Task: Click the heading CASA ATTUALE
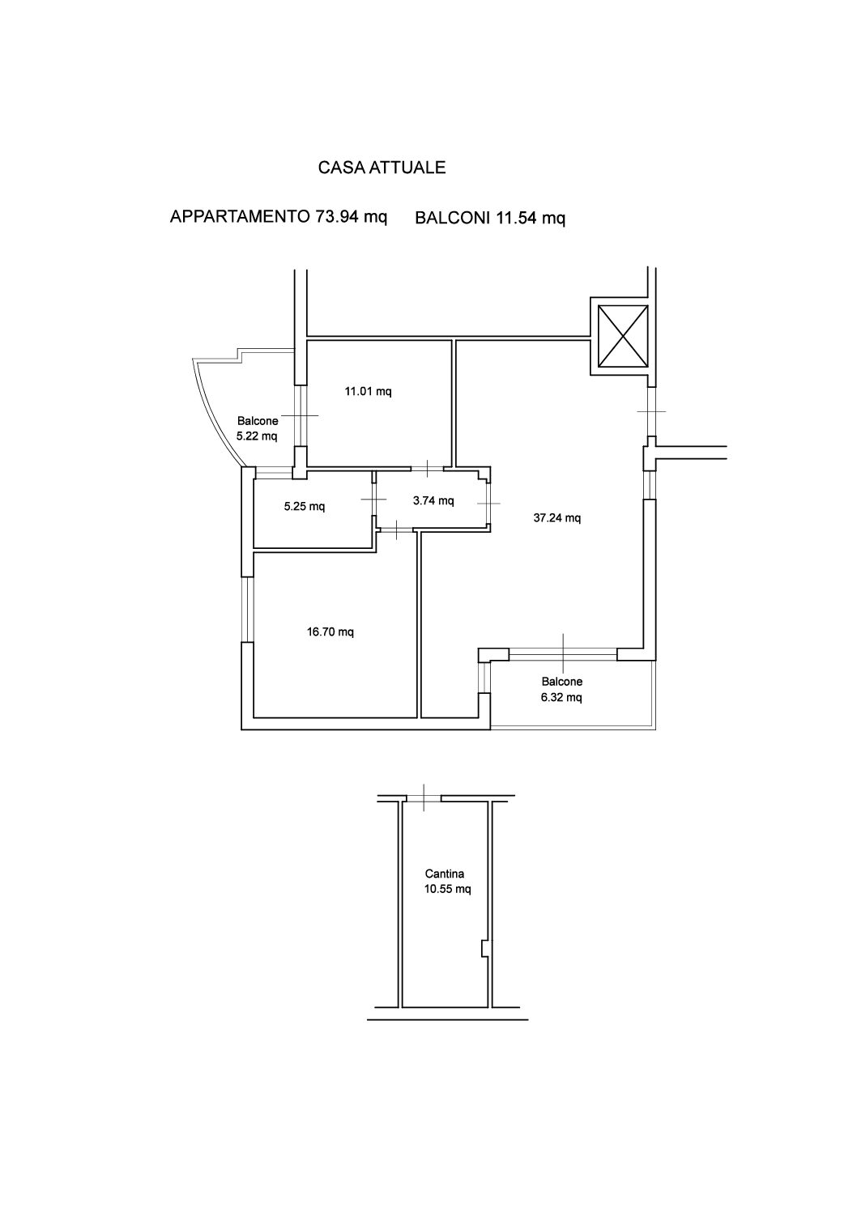382,168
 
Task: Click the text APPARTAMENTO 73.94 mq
279,216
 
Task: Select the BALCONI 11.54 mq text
490,218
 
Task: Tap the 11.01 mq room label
368,391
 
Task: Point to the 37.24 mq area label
557,518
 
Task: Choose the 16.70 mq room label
330,632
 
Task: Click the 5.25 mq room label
305,507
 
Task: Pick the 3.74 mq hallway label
433,501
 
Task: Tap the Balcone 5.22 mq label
257,428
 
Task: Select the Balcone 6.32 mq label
561,689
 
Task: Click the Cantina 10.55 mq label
447,881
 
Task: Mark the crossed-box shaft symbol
623,336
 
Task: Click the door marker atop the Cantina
424,797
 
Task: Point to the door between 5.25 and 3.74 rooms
373,499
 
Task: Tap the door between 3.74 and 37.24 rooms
488,504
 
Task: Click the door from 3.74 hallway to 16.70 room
397,530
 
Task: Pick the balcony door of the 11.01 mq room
301,415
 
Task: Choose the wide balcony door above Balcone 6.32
563,655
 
